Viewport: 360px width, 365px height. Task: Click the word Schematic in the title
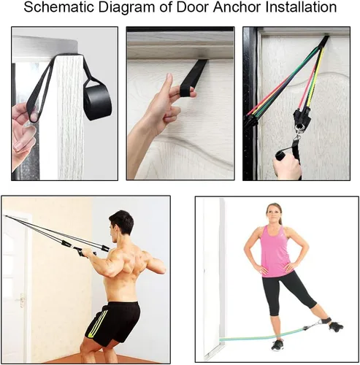point(59,7)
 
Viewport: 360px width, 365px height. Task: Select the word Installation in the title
point(301,7)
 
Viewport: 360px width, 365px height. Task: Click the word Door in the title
point(192,7)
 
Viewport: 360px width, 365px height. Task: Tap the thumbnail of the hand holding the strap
point(180,104)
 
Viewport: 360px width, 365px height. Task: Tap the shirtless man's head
point(121,226)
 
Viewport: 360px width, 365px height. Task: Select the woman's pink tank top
point(275,251)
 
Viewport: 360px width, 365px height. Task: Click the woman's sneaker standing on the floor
point(277,346)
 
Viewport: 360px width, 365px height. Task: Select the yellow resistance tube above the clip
point(315,78)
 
